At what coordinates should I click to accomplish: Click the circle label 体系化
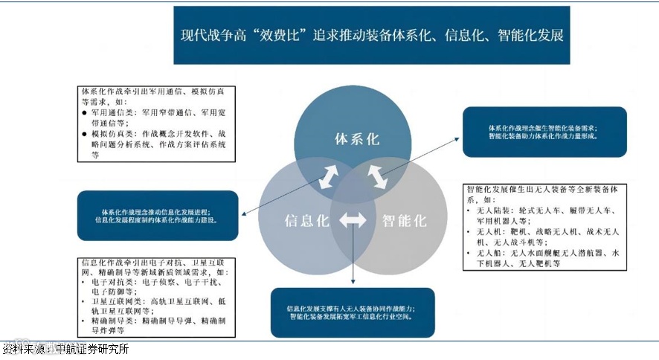coord(358,139)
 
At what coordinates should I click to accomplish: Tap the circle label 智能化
coord(404,220)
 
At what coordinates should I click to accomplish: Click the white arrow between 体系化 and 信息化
coord(328,176)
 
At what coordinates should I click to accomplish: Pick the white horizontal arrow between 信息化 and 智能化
coord(353,221)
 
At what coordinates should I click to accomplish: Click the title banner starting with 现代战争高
coord(371,35)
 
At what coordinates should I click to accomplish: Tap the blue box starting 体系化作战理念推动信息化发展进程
coord(157,215)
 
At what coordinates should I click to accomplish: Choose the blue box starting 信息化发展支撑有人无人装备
coord(350,312)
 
